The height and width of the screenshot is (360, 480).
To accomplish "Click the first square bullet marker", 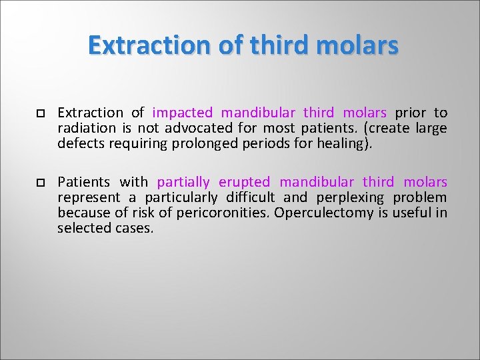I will click(x=41, y=113).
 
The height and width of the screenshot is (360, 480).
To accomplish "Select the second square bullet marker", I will click(x=41, y=183).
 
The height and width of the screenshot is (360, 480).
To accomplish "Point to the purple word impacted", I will click(x=183, y=113).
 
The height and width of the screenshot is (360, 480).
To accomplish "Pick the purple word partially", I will click(x=183, y=182).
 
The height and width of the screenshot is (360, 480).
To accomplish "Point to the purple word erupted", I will click(x=244, y=182).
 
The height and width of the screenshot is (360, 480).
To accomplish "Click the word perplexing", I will click(x=351, y=197).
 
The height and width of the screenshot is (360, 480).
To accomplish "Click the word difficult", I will click(x=250, y=197).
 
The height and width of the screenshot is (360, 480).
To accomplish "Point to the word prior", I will click(x=410, y=113).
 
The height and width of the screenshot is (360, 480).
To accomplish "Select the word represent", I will click(x=89, y=197).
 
